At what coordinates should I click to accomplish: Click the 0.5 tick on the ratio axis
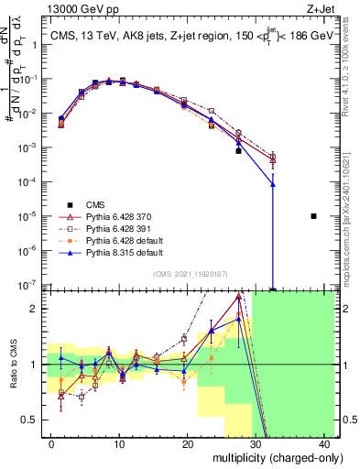coord(31,420)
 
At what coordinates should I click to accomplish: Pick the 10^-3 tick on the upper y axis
coord(29,147)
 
